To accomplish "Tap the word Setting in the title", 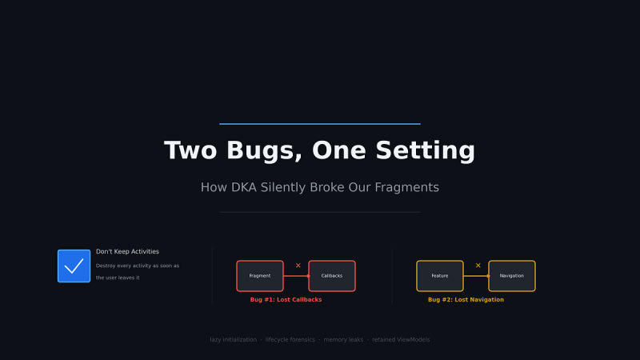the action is [x=426, y=150].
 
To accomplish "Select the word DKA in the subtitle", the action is [x=244, y=187].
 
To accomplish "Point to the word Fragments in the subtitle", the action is [x=406, y=187].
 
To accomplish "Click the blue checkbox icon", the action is [x=74, y=266].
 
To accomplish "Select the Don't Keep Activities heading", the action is [x=127, y=251].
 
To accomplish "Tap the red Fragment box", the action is [x=259, y=276].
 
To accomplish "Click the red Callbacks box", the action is [x=332, y=276].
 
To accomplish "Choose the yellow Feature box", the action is [x=439, y=276].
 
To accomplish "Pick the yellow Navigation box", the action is [x=512, y=276].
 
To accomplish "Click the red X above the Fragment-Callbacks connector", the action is [x=298, y=266].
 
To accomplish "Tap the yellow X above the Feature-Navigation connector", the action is [x=478, y=266].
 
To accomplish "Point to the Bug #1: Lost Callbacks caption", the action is [x=286, y=299].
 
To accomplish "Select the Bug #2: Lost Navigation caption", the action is [x=466, y=299].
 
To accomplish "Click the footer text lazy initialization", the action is [x=233, y=339].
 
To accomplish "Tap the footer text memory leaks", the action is [x=343, y=339].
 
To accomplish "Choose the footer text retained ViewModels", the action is [x=401, y=339].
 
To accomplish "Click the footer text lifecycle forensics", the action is [x=290, y=339].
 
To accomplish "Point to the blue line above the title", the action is [x=320, y=124].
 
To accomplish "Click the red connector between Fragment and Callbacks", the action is [x=296, y=276].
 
